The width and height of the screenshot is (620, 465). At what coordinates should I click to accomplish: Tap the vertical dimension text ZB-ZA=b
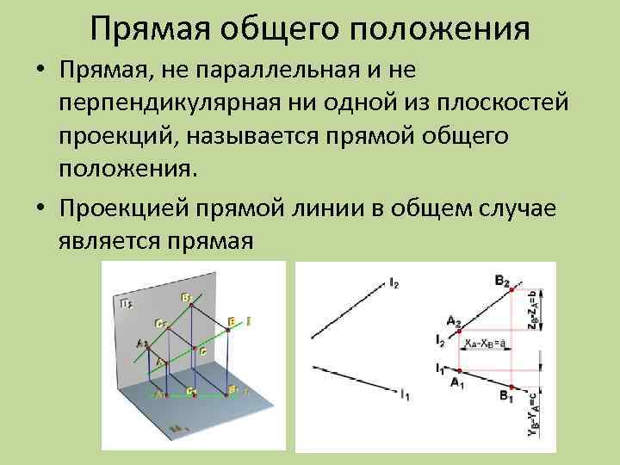tap(531, 310)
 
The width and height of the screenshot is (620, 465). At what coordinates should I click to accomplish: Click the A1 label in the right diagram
tap(457, 385)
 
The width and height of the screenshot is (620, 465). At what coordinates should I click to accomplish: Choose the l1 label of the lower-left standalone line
tap(404, 395)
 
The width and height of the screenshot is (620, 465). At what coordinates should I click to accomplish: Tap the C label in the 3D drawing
tap(203, 351)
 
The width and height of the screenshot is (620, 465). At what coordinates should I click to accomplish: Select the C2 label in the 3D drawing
tap(160, 324)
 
